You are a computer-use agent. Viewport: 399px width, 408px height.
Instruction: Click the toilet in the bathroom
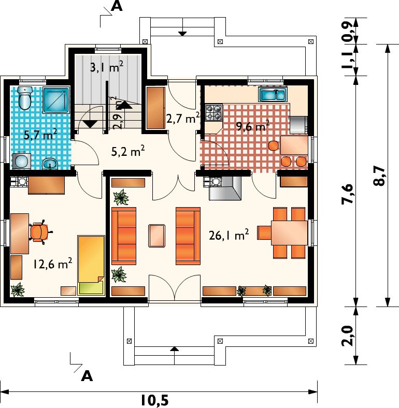point(25,98)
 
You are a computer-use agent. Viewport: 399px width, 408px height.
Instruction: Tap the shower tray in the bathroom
point(56,100)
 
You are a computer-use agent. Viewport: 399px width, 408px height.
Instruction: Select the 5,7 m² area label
point(40,135)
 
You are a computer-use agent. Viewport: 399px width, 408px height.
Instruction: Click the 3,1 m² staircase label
point(107,67)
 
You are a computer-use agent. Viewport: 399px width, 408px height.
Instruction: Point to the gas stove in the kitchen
point(213,112)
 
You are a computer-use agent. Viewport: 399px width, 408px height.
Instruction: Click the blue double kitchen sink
point(273,94)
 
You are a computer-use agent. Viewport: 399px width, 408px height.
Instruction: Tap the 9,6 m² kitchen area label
point(253,126)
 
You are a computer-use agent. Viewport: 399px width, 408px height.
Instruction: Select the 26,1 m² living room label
point(229,235)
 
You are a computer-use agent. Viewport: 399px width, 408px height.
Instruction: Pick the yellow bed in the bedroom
point(91,266)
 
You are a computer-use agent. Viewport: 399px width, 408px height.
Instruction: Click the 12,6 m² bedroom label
point(52,264)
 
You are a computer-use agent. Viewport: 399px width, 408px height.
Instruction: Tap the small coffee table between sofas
point(157,236)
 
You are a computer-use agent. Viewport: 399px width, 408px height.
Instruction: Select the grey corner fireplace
point(225,188)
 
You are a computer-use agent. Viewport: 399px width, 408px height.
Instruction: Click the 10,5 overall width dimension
point(155,400)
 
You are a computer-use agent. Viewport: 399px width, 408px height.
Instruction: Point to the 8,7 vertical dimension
point(379,176)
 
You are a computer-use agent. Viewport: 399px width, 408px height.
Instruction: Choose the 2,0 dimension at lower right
point(348,336)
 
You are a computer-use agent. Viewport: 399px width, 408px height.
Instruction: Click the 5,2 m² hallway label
point(128,151)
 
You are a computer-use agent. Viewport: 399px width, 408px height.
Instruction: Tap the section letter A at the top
point(117,6)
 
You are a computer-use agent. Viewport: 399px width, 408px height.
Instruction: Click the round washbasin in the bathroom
point(50,164)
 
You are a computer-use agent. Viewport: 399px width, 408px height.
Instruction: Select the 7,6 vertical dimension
point(348,194)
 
